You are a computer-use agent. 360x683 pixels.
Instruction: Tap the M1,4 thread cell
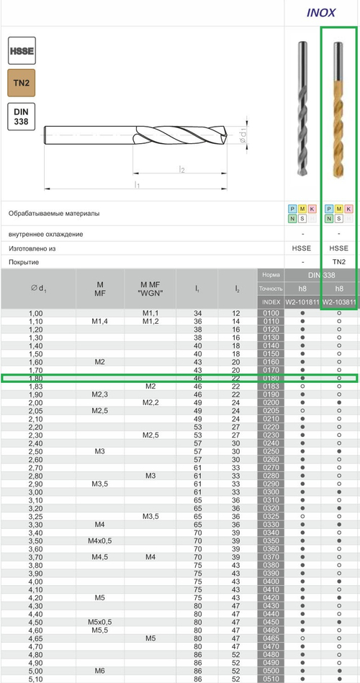pos(100,321)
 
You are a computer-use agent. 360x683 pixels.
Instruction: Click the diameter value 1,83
pos(35,386)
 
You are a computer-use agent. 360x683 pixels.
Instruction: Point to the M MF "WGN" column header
pos(150,289)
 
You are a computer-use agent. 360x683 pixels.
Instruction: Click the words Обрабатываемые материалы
pos(54,214)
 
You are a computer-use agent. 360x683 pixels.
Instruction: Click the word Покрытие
pos(24,262)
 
